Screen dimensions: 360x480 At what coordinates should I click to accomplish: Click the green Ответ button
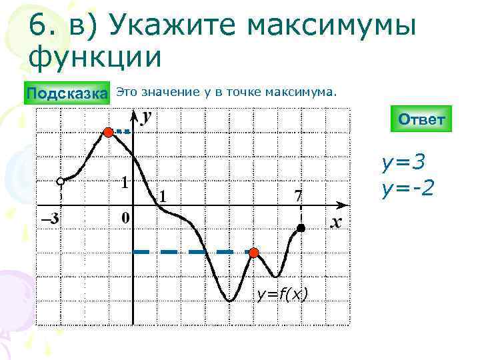[421, 119]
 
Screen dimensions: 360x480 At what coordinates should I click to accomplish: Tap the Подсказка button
[67, 93]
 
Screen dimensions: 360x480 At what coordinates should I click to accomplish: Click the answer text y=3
[403, 162]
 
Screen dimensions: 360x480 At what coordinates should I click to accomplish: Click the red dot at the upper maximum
[109, 133]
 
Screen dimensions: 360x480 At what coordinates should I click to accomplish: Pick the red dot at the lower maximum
[253, 252]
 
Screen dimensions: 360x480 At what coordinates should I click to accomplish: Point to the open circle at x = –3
[60, 181]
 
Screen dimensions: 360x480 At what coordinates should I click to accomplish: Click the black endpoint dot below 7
[301, 229]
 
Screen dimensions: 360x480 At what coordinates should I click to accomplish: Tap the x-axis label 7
[298, 197]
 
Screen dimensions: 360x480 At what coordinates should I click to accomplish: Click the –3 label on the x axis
[49, 218]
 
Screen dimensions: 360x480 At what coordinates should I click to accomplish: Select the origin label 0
[125, 218]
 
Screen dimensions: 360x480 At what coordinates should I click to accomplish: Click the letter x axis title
[336, 221]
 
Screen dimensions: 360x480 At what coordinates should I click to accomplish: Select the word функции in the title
[95, 55]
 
